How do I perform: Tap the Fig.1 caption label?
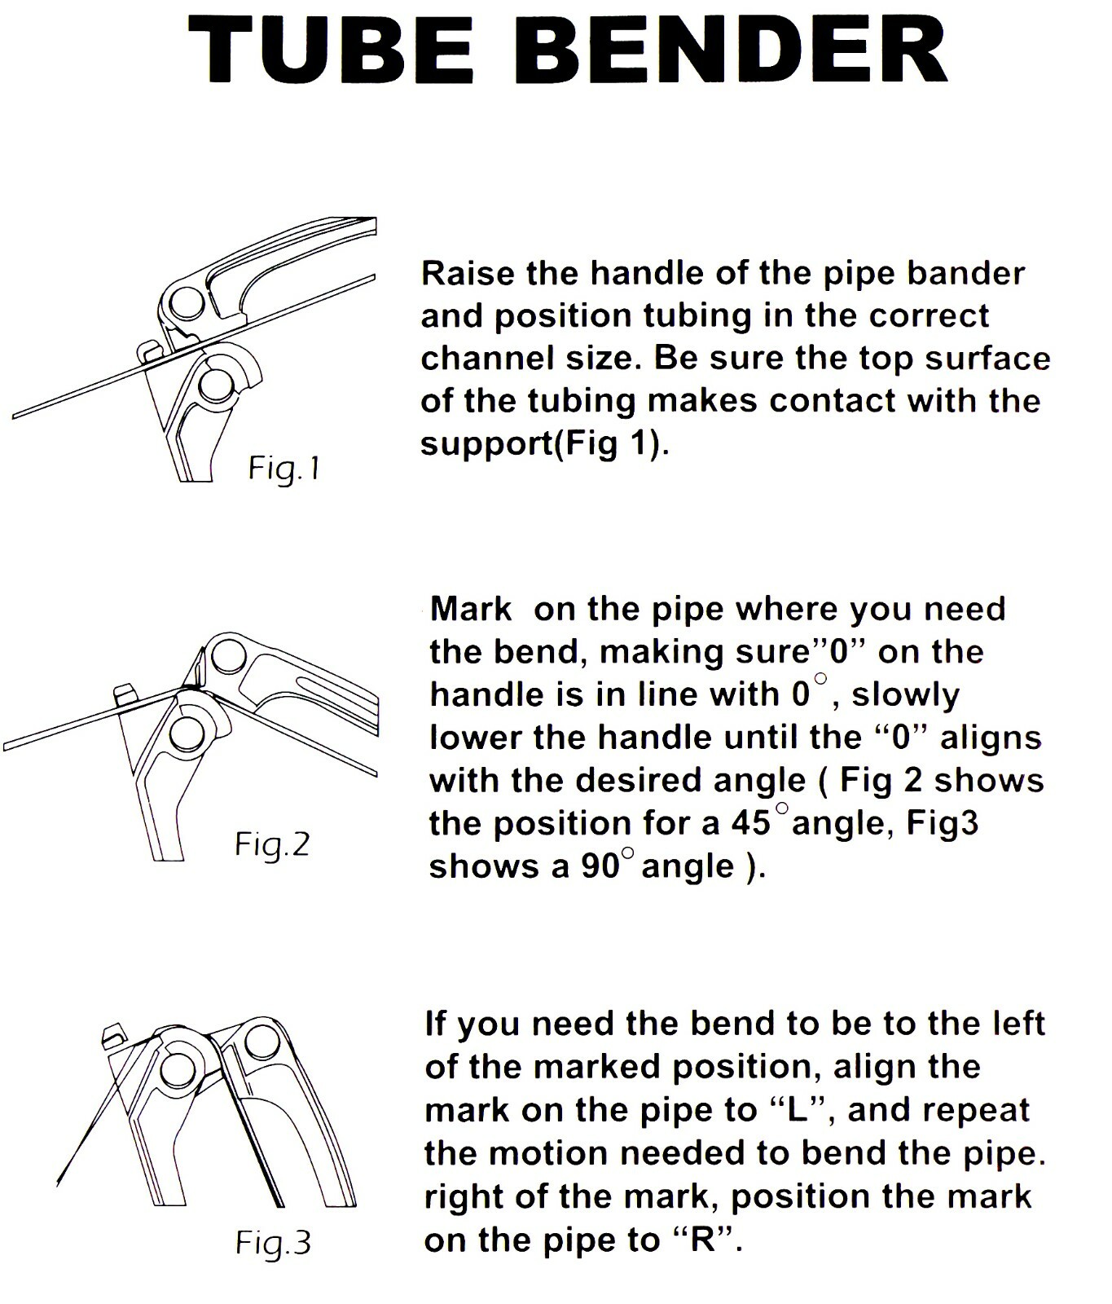(x=284, y=469)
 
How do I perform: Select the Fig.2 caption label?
(x=272, y=844)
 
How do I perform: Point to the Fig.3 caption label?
(x=273, y=1243)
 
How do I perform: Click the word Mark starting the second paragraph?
(x=471, y=609)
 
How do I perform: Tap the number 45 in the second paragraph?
(x=750, y=823)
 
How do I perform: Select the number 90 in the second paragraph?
(x=601, y=866)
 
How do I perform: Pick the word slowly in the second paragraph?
(x=905, y=695)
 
